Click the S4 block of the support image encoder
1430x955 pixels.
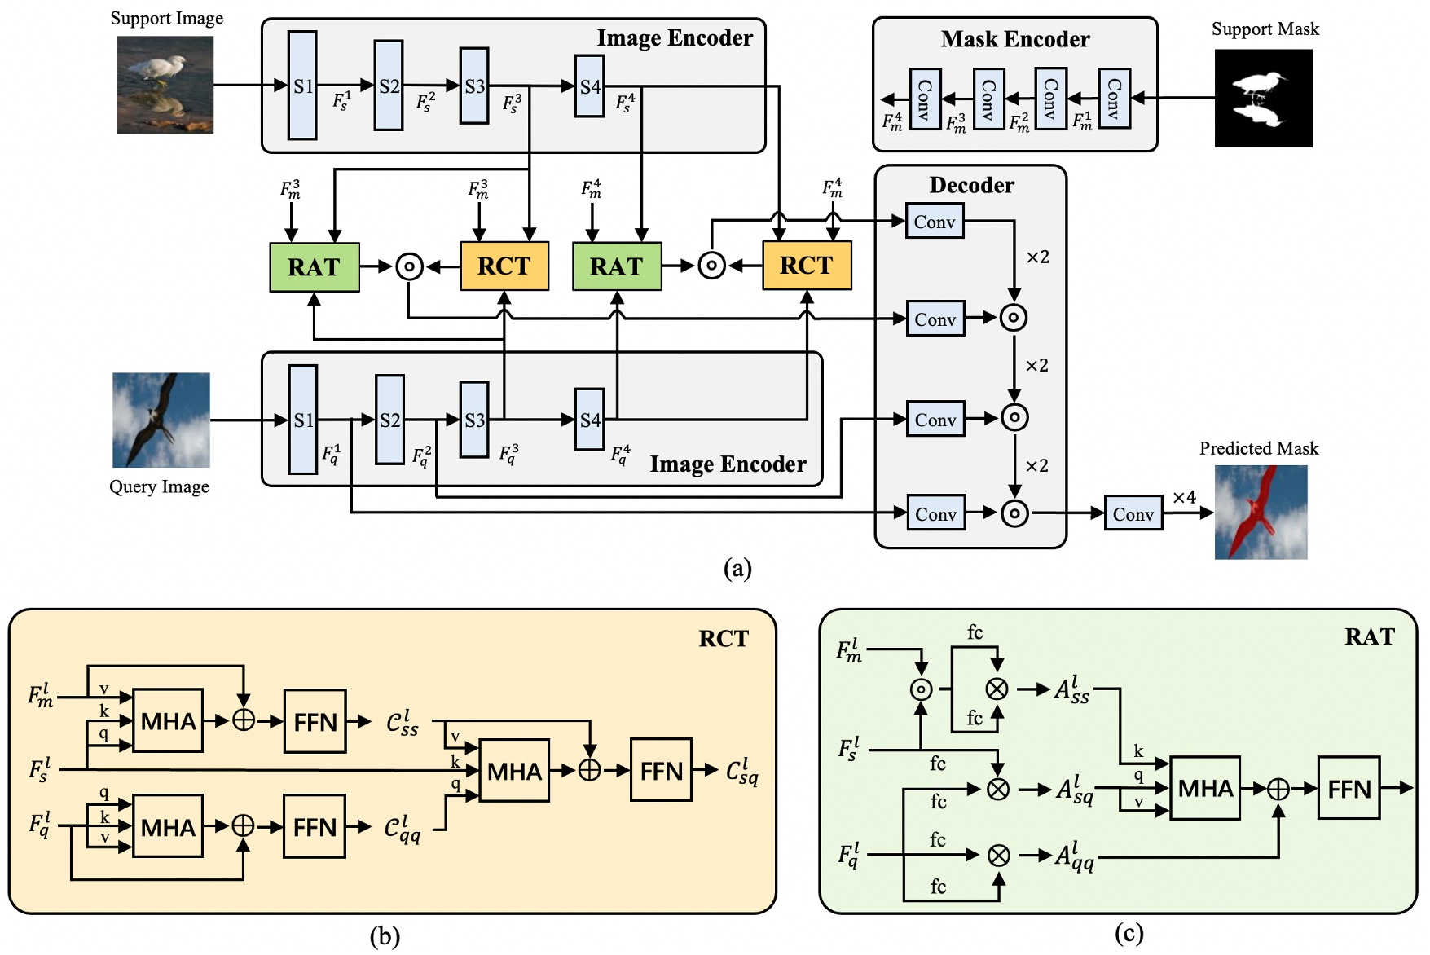pyautogui.click(x=589, y=86)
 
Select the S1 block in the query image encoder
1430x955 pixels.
pyautogui.click(x=303, y=420)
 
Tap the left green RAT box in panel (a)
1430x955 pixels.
pyautogui.click(x=314, y=267)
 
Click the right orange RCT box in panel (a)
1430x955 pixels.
pyautogui.click(x=807, y=266)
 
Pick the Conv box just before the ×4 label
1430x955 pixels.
pyautogui.click(x=1133, y=514)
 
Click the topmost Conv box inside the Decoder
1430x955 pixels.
pyautogui.click(x=935, y=222)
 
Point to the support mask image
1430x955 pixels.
pyautogui.click(x=1263, y=98)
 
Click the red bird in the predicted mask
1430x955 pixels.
pyautogui.click(x=1259, y=509)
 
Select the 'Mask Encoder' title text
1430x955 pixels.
pyautogui.click(x=1015, y=39)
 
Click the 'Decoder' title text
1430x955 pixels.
pyautogui.click(x=971, y=185)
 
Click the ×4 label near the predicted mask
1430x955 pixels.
pyautogui.click(x=1184, y=497)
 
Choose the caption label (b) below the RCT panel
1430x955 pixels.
pyautogui.click(x=385, y=936)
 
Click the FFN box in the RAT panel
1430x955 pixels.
pyautogui.click(x=1349, y=788)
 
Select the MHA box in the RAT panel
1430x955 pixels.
pyautogui.click(x=1205, y=788)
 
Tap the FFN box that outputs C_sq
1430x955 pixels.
pyautogui.click(x=661, y=771)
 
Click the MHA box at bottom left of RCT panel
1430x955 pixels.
pyautogui.click(x=168, y=827)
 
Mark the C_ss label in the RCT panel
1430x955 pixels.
pyautogui.click(x=403, y=722)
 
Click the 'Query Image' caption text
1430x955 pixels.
pyautogui.click(x=160, y=486)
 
